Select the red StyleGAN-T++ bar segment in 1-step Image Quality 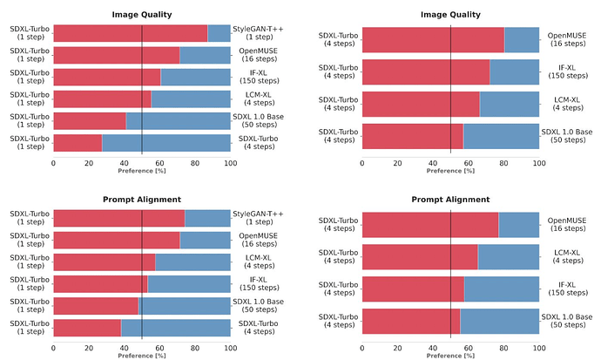(x=131, y=33)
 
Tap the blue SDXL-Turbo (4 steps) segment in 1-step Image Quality (x=165, y=143)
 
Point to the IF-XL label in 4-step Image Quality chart (x=566, y=71)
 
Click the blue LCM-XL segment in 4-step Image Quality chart (x=510, y=104)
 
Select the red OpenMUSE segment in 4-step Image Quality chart (x=433, y=39)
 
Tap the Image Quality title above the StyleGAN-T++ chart (x=142, y=14)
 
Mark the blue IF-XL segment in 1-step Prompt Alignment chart (x=189, y=283)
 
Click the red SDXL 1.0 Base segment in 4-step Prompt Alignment (x=411, y=321)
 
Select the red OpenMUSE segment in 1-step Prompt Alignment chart (x=117, y=240)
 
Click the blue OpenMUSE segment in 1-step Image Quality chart (x=205, y=55)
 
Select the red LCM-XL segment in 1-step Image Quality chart (x=103, y=98)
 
